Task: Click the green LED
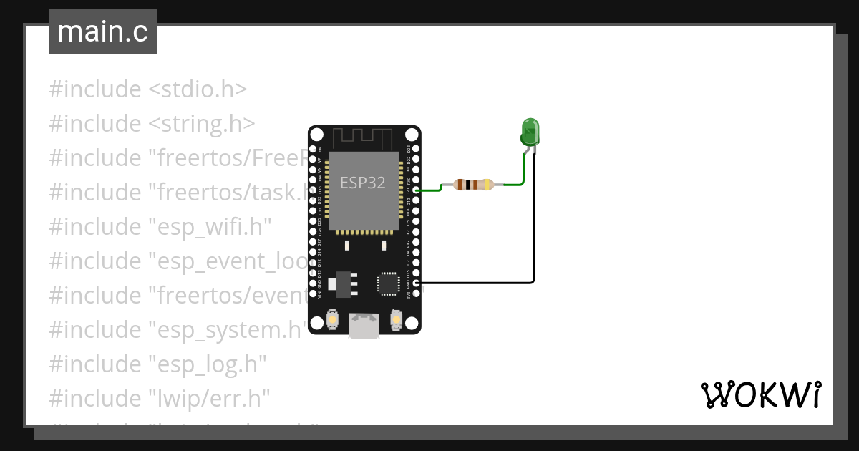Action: point(530,132)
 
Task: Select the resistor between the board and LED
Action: point(468,185)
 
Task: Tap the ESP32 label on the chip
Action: point(363,183)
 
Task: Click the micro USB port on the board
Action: point(364,326)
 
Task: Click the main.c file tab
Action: point(102,32)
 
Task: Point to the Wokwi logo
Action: point(759,394)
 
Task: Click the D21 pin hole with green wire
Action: point(416,191)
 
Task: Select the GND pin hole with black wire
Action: point(416,283)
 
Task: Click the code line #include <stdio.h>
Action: point(148,89)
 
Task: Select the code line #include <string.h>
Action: point(152,124)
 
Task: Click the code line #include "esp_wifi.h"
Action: point(160,227)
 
